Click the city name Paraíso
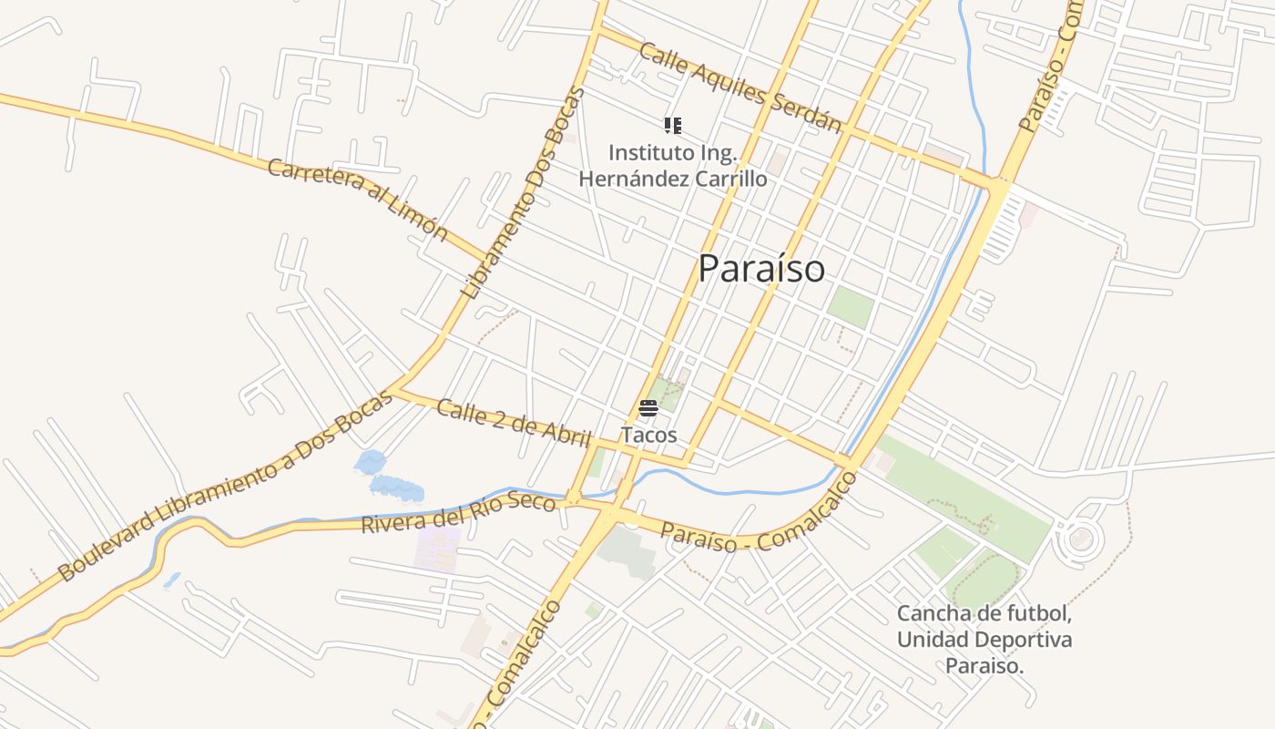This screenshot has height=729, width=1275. point(761,269)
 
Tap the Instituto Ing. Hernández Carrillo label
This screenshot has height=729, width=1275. point(672,165)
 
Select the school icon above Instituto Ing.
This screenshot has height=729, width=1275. point(672,126)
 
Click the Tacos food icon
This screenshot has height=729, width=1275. point(648,408)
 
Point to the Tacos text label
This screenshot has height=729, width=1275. point(648,436)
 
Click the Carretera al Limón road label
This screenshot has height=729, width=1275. point(358,199)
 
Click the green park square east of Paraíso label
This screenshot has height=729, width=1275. point(850,307)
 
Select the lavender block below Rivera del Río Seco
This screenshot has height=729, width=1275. point(438,548)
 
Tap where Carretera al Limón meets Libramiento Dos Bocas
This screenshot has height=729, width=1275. point(493,258)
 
